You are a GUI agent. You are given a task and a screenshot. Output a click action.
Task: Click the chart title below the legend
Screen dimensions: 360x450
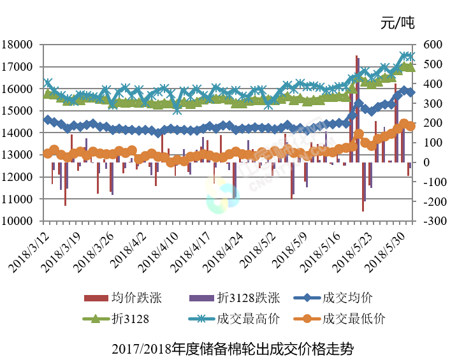(x=231, y=349)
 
